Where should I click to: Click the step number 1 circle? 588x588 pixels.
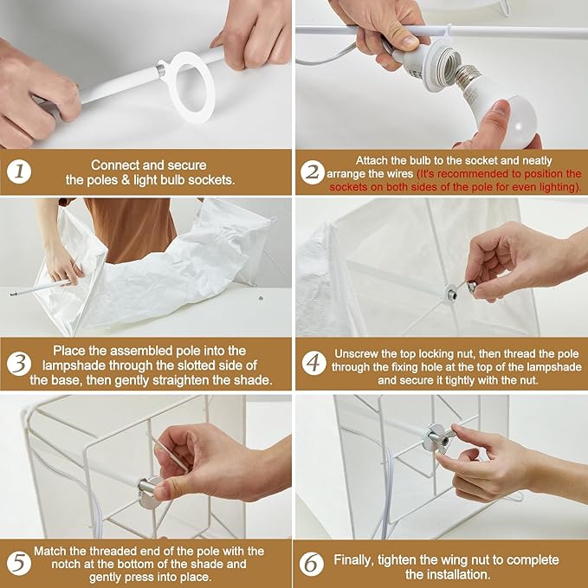pyautogui.click(x=19, y=172)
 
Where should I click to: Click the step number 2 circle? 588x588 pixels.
pyautogui.click(x=313, y=172)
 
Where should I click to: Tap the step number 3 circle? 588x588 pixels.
pyautogui.click(x=19, y=364)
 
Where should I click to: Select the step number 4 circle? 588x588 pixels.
pyautogui.click(x=313, y=363)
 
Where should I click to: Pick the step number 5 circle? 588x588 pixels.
pyautogui.click(x=19, y=564)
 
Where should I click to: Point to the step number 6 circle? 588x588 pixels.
pyautogui.click(x=312, y=565)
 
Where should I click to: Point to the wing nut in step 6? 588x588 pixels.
pyautogui.click(x=437, y=438)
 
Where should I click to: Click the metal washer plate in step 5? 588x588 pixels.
pyautogui.click(x=149, y=493)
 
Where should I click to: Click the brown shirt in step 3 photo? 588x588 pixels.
pyautogui.click(x=130, y=229)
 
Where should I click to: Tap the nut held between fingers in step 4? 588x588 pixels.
pyautogui.click(x=472, y=287)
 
